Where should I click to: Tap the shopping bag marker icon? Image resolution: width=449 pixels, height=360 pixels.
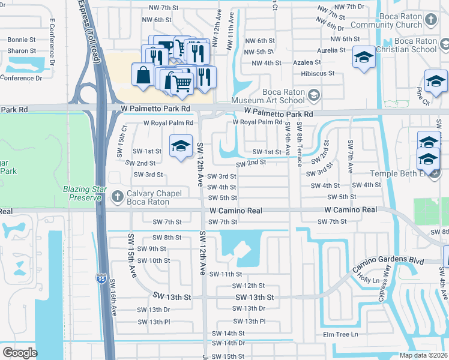coord(143,76)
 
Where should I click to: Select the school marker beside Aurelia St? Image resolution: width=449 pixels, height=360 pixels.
coord(363,58)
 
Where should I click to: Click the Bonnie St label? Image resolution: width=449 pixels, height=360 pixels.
coord(22,40)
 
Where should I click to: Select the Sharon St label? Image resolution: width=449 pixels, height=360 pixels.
coord(22,51)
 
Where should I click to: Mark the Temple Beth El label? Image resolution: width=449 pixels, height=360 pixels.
coord(397,174)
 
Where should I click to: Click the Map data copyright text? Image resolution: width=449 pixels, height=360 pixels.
coord(424,355)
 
